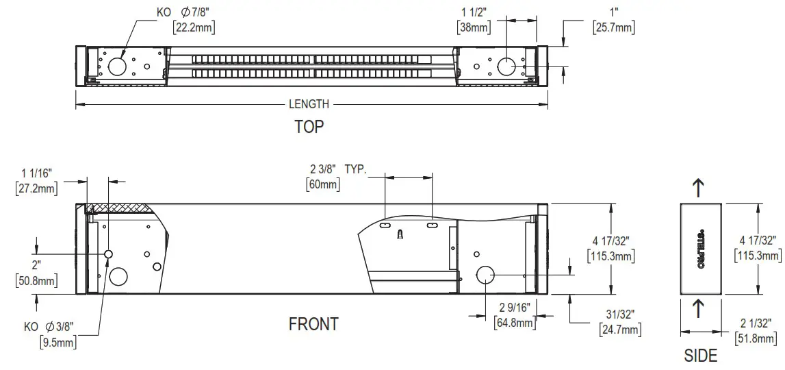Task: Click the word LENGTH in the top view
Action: point(309,104)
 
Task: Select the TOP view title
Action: point(309,127)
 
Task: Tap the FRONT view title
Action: point(313,324)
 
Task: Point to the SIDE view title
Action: point(701,356)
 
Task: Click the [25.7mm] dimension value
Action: point(613,28)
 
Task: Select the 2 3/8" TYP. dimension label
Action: point(339,169)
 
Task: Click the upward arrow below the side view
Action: point(697,309)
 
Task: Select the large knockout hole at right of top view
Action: point(506,66)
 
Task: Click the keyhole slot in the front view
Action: point(400,234)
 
